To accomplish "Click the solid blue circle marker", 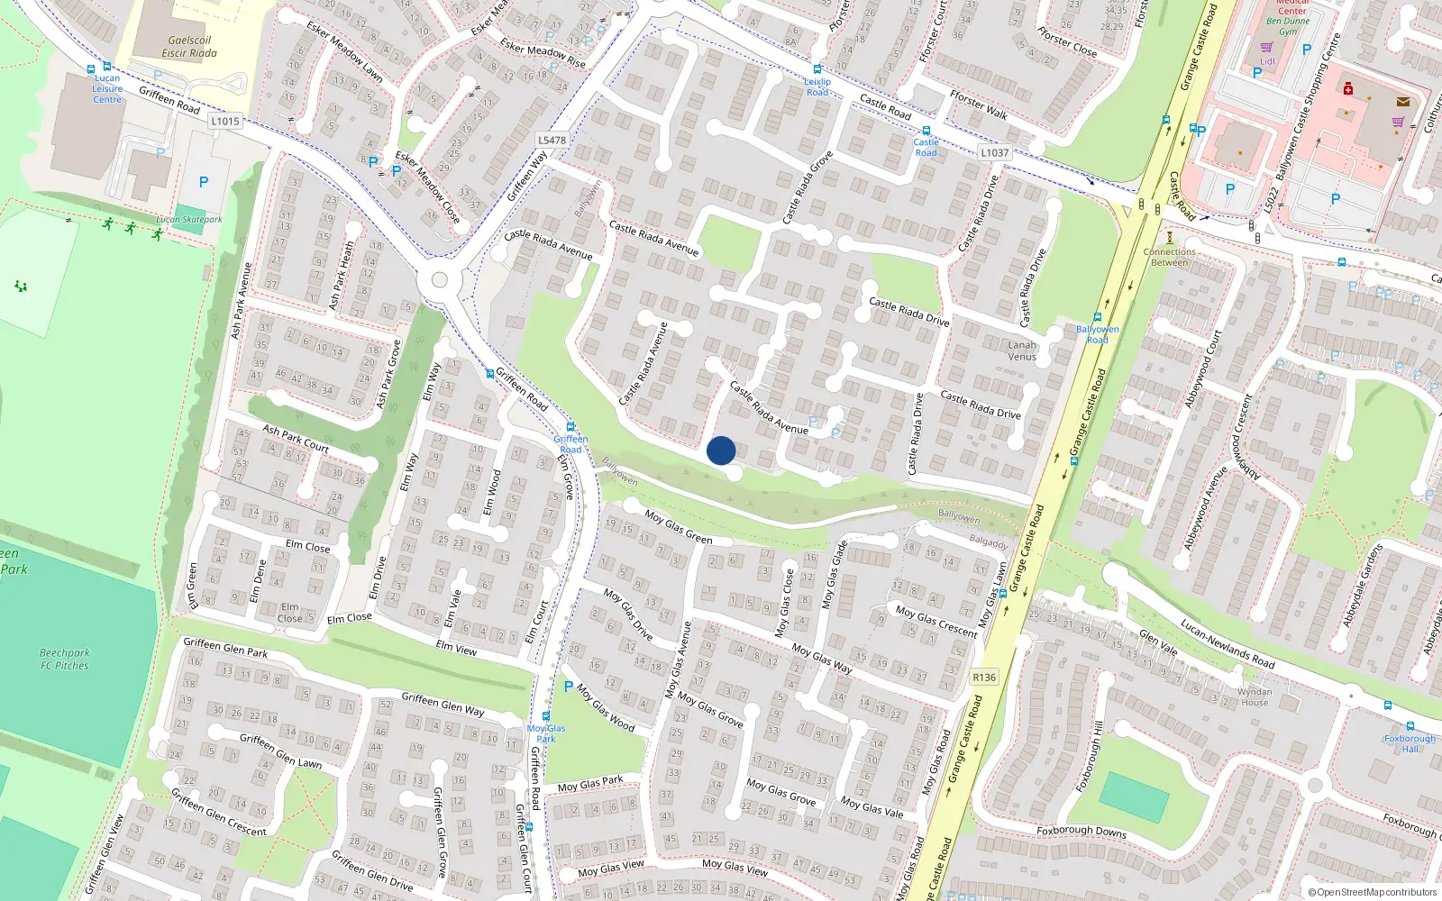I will click(721, 450).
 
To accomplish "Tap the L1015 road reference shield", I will click(225, 121).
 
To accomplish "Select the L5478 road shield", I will click(552, 140).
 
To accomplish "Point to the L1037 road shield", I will click(994, 152).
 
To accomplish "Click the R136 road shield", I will click(984, 678).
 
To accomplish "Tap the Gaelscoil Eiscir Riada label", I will click(189, 47).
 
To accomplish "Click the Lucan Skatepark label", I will click(189, 219).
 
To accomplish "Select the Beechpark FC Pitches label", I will click(65, 660).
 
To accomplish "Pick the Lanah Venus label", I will click(1022, 350).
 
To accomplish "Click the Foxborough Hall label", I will click(1410, 743).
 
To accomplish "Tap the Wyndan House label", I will click(1255, 697).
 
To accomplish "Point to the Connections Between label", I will click(1169, 257).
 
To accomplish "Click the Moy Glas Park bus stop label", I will click(546, 733).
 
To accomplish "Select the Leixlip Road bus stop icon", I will click(817, 69).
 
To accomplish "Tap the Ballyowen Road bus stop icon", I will click(1097, 317).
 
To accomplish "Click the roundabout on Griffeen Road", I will click(440, 280).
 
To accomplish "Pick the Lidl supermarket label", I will click(1267, 62).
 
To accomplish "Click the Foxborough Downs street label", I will click(1081, 831).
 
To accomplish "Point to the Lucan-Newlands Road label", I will click(1228, 643).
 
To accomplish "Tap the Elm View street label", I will click(456, 648).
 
